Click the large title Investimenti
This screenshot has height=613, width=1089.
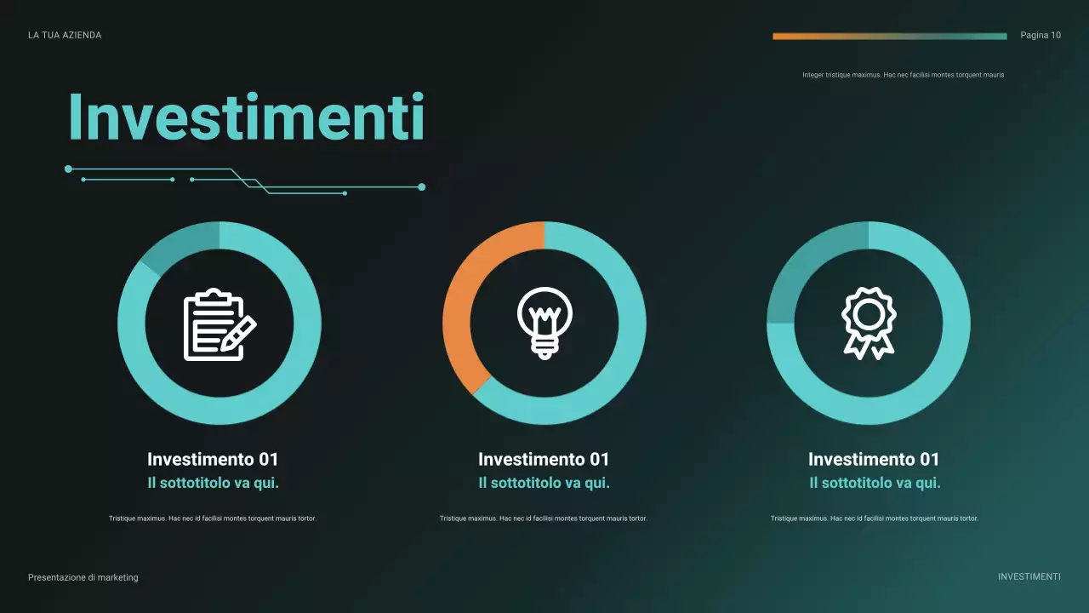[x=246, y=117]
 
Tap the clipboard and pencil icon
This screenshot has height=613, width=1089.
[x=220, y=324]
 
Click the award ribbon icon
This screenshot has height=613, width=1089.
[x=868, y=324]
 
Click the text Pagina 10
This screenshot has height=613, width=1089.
[x=1041, y=36]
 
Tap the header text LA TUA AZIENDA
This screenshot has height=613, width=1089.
[x=65, y=36]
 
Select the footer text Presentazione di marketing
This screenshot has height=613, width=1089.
[x=83, y=577]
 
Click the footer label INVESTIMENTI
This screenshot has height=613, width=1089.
[x=1029, y=577]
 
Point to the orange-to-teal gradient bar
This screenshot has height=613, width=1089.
[x=889, y=36]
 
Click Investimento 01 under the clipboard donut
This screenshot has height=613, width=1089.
[x=213, y=460]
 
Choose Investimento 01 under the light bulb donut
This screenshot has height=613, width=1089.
[x=544, y=460]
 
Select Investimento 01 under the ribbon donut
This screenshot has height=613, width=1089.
[x=874, y=460]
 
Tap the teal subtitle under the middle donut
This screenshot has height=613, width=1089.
[x=544, y=484]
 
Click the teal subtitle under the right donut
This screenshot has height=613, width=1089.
[x=875, y=484]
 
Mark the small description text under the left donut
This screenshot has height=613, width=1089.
[x=213, y=518]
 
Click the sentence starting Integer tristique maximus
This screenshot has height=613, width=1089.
[x=903, y=75]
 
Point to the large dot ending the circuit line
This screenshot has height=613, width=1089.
[x=422, y=186]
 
